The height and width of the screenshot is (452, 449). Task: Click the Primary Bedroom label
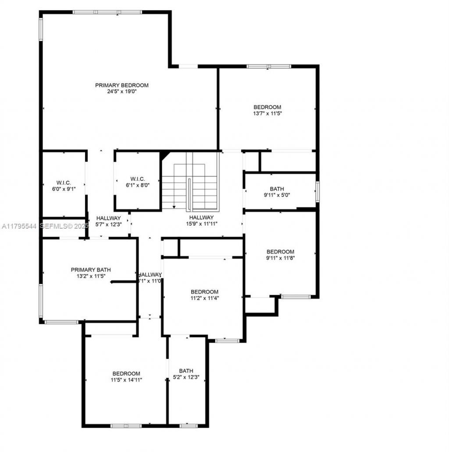click(122, 85)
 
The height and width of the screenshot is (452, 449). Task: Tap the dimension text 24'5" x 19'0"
click(122, 92)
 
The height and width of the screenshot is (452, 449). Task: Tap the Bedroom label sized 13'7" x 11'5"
click(267, 107)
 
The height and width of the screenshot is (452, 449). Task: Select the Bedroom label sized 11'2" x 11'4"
click(204, 292)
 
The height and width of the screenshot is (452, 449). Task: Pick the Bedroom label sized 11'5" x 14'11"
click(126, 373)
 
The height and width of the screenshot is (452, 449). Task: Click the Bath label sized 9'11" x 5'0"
click(277, 189)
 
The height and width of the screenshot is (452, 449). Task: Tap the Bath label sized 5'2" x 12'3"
click(186, 371)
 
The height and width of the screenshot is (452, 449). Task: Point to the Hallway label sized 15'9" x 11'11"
click(202, 217)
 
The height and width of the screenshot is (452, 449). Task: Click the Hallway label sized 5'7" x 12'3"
click(108, 218)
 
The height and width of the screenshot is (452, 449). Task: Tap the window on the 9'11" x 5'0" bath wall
click(317, 192)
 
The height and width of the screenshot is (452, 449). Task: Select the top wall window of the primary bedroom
click(107, 12)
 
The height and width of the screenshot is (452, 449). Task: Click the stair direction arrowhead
click(174, 207)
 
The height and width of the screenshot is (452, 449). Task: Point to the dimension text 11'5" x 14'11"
click(126, 380)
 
